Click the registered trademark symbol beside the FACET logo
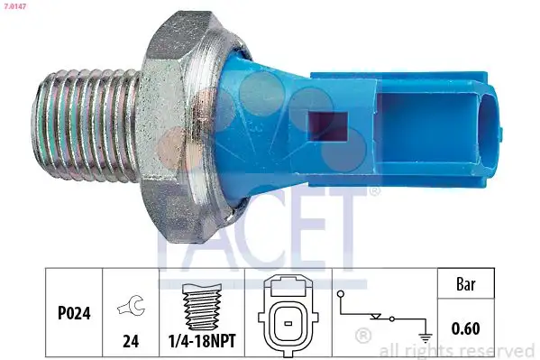[375, 191]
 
